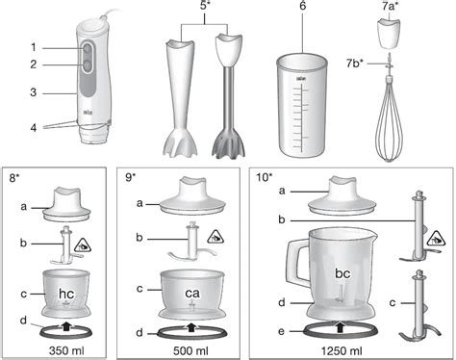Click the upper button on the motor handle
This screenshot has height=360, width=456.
(87, 49)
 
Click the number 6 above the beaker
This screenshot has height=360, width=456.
(302, 6)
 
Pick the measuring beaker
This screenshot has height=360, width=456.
(302, 105)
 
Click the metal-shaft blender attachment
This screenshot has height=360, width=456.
(230, 96)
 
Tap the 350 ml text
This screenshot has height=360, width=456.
(66, 350)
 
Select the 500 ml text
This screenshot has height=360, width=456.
(190, 350)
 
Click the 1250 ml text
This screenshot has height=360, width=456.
(342, 350)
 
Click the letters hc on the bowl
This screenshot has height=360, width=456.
(66, 294)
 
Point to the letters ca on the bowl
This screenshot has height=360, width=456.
(192, 293)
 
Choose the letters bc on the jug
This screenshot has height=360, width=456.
(342, 273)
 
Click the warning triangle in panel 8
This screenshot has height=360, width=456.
(83, 245)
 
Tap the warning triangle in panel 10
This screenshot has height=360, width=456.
(437, 238)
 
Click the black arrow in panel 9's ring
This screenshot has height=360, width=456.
(191, 327)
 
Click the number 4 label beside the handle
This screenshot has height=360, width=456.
(34, 128)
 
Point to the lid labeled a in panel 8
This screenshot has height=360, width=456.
(67, 205)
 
